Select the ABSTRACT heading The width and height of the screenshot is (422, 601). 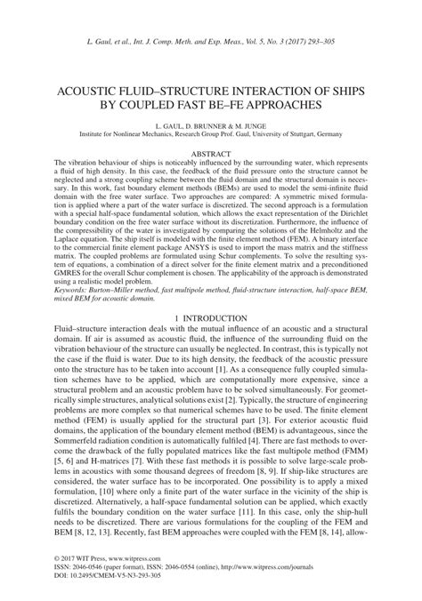(x=211, y=155)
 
